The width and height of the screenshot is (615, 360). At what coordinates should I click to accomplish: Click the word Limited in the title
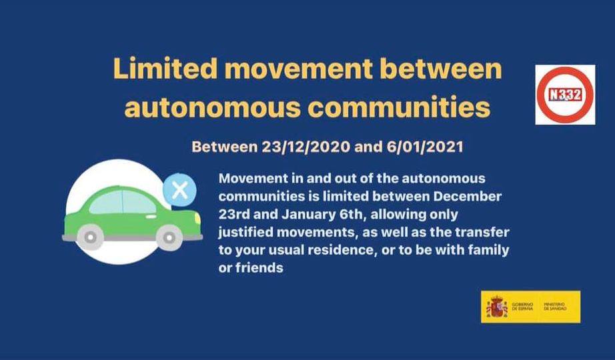coord(165,68)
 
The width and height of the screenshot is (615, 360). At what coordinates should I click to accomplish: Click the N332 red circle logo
coord(565,95)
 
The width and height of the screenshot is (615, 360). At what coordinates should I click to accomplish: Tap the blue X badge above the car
coord(179,190)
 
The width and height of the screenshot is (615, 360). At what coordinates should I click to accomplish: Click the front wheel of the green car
coord(169,237)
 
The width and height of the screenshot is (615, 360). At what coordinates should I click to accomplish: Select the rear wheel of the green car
coord(90,237)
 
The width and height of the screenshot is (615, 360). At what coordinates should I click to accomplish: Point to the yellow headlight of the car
coord(197,219)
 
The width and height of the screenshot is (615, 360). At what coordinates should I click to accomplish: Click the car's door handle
coord(151,216)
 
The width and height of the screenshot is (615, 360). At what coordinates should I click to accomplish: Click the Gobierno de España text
coord(522,307)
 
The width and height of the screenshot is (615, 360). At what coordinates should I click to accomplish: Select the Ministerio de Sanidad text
coord(555,307)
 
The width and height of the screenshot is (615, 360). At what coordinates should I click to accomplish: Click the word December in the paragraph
coord(467,196)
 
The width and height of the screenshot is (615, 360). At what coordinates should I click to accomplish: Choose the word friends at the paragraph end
coord(259,268)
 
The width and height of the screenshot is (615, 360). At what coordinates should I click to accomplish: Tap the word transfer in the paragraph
coord(482,232)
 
